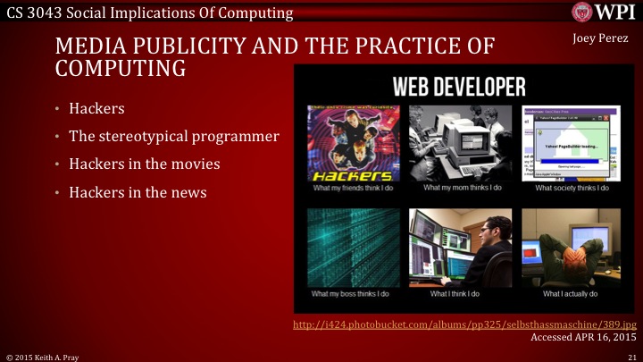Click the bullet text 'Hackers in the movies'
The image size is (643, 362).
pos(146,164)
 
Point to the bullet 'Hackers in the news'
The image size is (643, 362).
pos(140,192)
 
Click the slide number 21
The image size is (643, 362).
pos(631,356)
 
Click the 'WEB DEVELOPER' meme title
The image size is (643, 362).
pos(459,87)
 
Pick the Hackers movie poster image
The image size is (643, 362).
pos(351,144)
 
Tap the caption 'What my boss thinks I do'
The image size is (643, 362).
pos(351,293)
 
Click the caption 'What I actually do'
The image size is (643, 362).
pos(568,293)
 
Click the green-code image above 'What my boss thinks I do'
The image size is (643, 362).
pos(351,247)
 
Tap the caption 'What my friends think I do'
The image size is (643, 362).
pos(351,189)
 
